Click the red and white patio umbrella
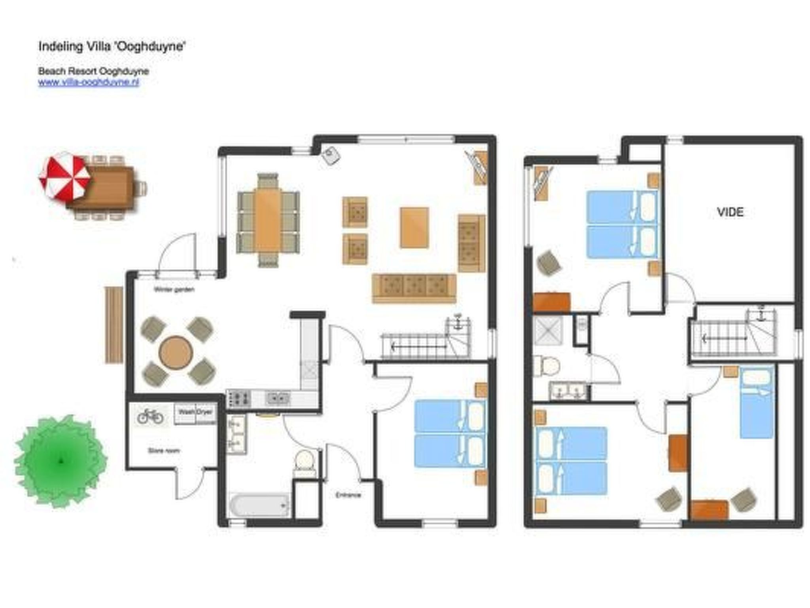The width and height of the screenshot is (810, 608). [64, 177]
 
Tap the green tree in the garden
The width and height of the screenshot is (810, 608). [61, 460]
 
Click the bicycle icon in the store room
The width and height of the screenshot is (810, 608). [150, 416]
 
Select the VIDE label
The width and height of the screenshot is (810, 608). [730, 212]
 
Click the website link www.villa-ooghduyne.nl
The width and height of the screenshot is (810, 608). [89, 82]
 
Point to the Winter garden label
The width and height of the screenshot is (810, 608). [174, 289]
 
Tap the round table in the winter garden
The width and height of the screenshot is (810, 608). [176, 352]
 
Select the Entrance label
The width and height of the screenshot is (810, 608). [348, 495]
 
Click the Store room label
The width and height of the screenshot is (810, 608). [164, 450]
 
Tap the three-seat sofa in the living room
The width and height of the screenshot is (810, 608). [414, 288]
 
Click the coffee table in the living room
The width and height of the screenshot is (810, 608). [414, 228]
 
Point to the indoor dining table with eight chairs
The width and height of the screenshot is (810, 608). [268, 220]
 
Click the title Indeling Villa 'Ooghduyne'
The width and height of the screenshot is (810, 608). [112, 46]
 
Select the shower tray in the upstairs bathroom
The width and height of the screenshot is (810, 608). [547, 331]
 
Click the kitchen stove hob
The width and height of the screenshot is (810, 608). [238, 398]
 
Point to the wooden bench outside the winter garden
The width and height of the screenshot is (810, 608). [114, 325]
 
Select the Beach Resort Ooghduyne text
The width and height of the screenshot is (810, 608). [93, 71]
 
